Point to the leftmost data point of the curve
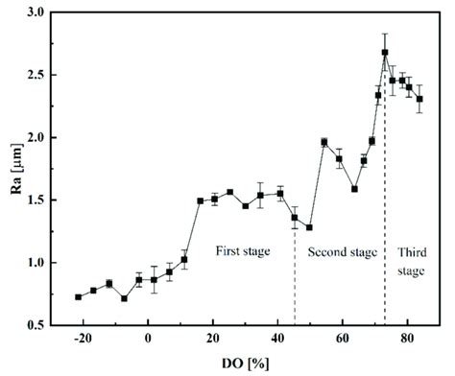coord(78,296)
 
